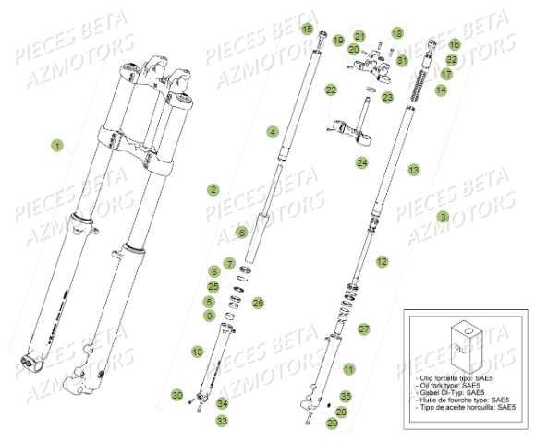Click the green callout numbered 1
click(x=57, y=146)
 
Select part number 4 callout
click(x=273, y=133)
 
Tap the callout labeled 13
click(x=414, y=170)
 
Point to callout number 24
click(x=362, y=163)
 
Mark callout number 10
click(x=197, y=352)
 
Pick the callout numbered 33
click(x=222, y=421)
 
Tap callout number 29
click(x=332, y=424)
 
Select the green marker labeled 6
click(x=241, y=233)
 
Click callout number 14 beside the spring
click(x=441, y=90)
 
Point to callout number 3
click(x=443, y=217)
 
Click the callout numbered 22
click(x=331, y=90)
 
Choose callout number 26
click(x=258, y=302)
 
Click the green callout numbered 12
click(x=382, y=262)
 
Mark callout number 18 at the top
click(x=396, y=33)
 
